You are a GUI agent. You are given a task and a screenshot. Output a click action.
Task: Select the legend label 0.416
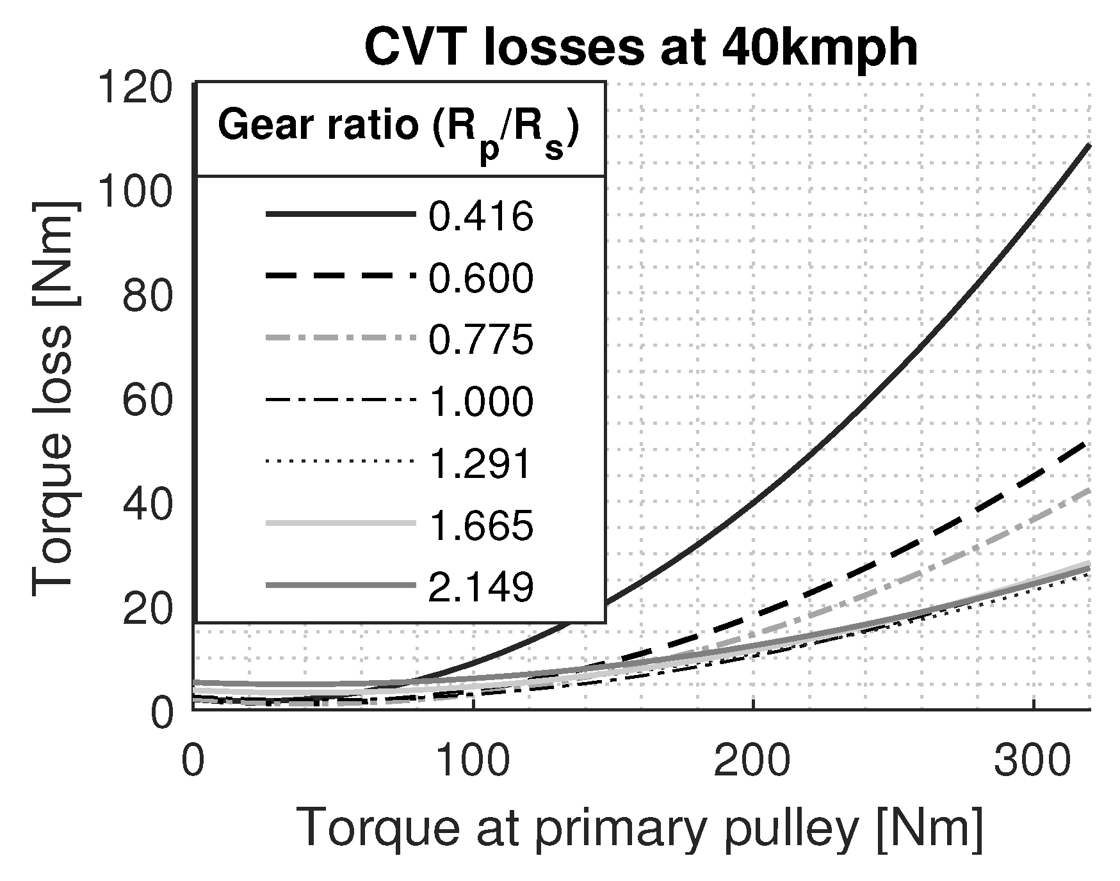480,216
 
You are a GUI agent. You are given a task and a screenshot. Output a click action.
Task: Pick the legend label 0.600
480,278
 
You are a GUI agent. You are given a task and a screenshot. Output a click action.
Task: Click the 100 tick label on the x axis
473,763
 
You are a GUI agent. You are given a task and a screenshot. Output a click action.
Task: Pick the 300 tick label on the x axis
1034,763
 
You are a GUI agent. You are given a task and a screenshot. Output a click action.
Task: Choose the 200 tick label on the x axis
753,763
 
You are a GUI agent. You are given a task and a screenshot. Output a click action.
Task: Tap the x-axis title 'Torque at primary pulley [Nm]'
640,829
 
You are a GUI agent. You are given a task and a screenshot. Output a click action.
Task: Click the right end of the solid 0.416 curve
1088,147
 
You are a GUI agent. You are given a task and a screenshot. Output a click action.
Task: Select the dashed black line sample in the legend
339,277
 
